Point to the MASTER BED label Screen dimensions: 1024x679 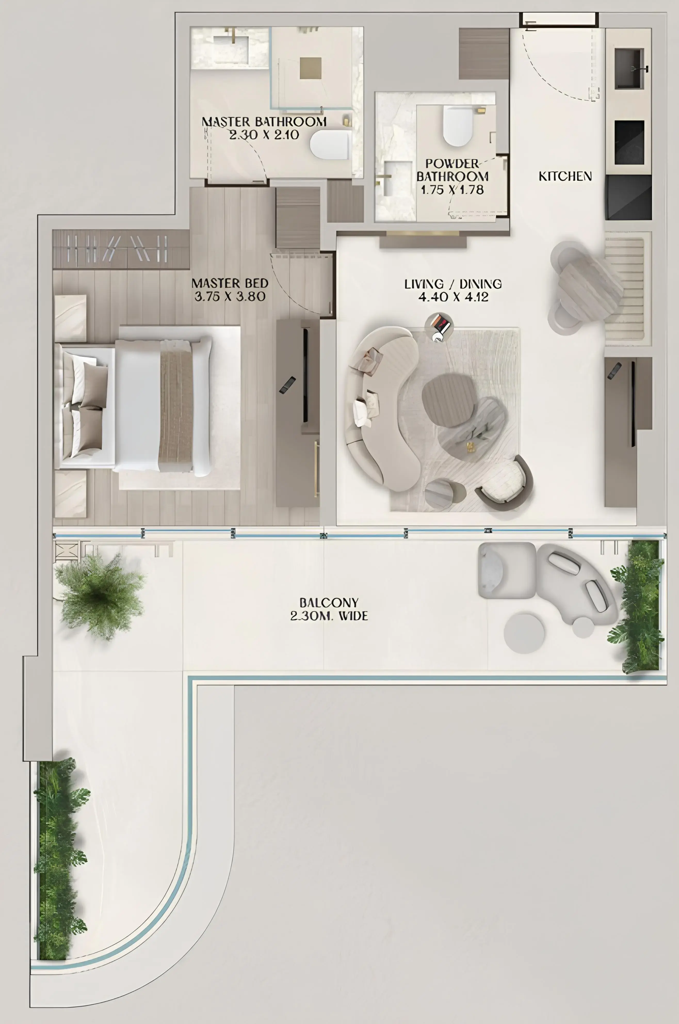point(230,283)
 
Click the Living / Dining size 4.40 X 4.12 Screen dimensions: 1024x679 point(453,297)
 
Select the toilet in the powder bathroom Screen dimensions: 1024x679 point(457,126)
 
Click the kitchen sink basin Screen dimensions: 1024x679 point(629,68)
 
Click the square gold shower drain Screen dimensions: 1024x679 point(311,68)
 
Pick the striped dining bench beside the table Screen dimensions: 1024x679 point(624,288)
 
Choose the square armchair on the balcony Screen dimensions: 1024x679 point(507,570)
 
